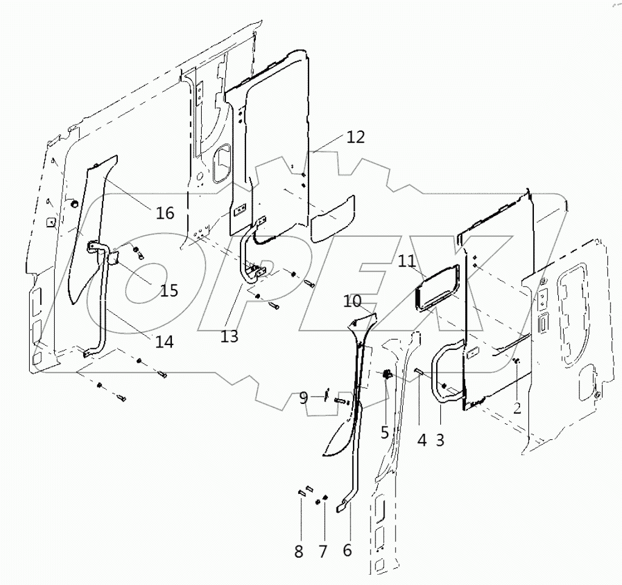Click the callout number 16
[165, 213]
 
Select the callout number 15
[169, 290]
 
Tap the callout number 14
[164, 342]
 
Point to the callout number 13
[230, 336]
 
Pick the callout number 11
[408, 262]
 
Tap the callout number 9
[303, 399]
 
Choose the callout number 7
[323, 552]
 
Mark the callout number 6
[347, 550]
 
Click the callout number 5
[384, 431]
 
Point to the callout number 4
[422, 440]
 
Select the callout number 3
[440, 440]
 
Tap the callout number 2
[517, 408]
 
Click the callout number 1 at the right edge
[567, 207]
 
